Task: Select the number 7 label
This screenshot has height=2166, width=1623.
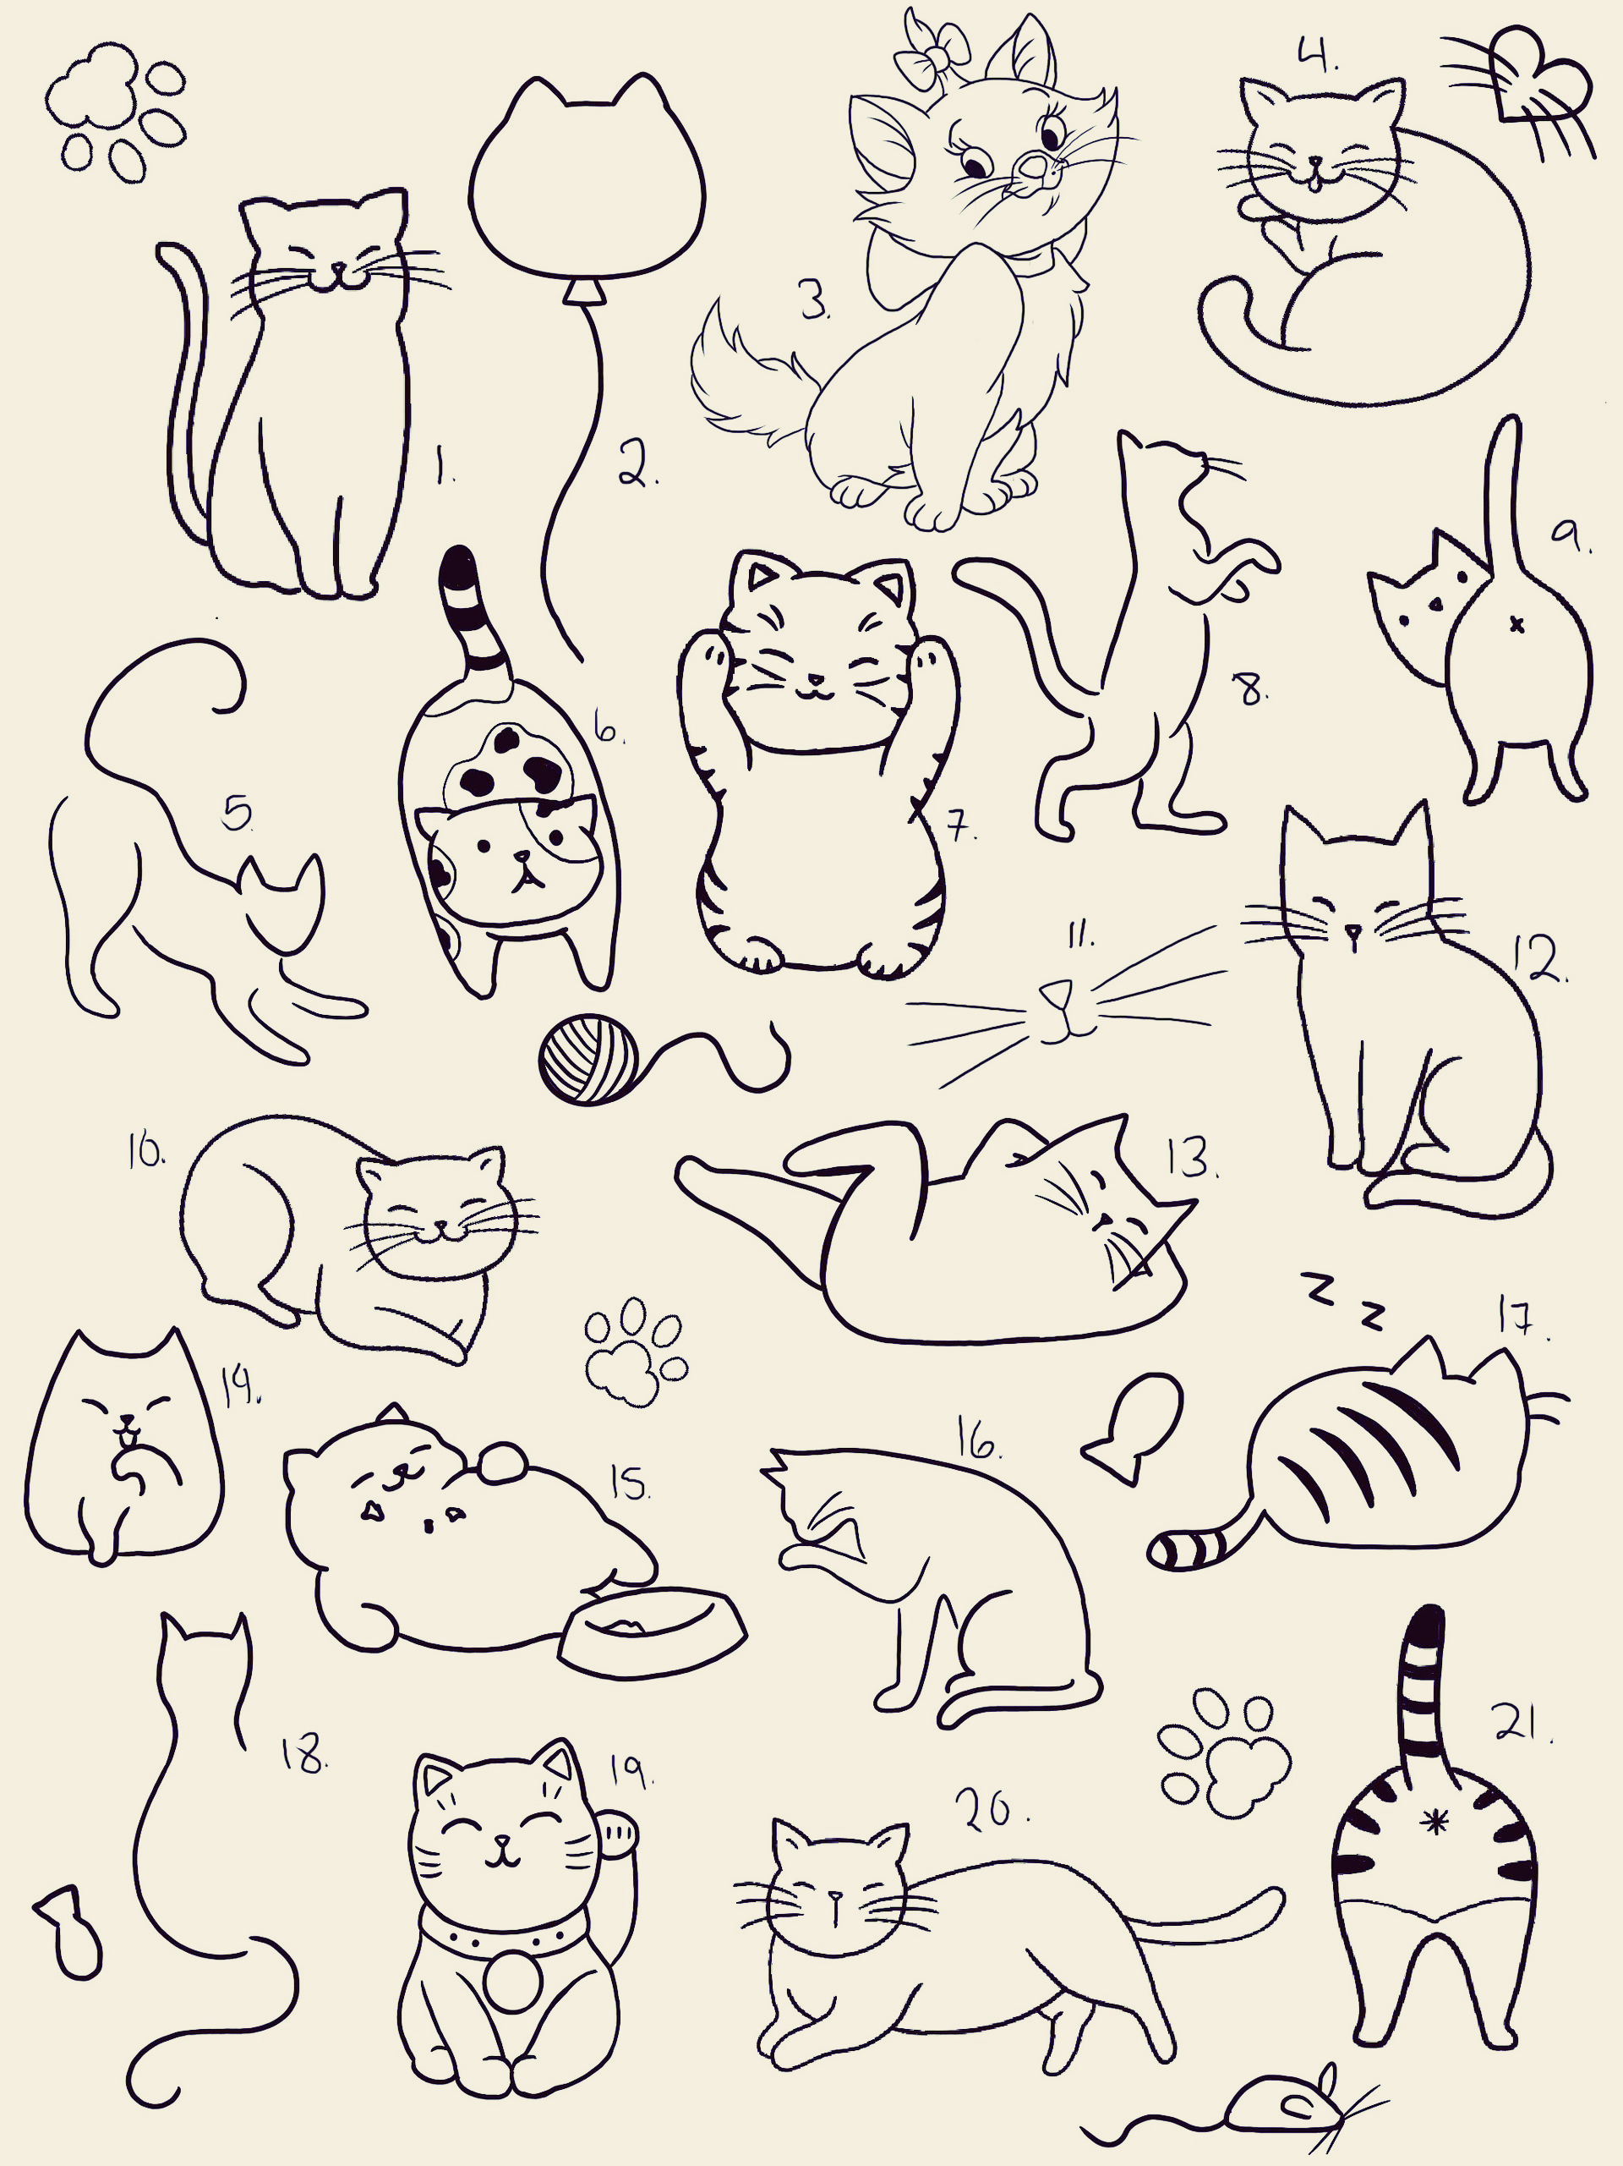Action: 962,827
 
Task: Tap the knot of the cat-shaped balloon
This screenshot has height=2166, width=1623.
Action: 585,291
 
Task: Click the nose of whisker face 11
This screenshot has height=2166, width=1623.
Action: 1054,995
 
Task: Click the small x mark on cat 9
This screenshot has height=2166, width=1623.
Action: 1517,624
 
